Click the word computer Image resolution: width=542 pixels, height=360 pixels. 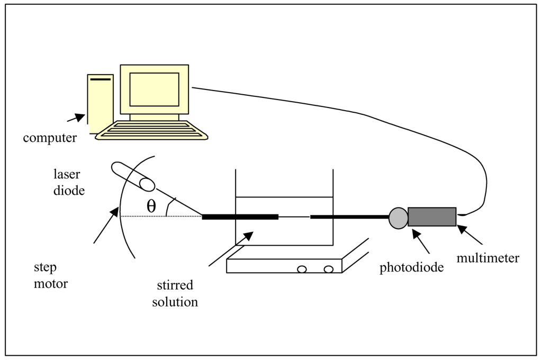pos(50,139)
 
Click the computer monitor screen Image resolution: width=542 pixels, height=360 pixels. pos(154,89)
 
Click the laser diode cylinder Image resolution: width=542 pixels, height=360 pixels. pos(133,176)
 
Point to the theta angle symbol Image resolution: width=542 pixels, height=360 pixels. pos(151,207)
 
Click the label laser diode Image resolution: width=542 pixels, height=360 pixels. pos(69,182)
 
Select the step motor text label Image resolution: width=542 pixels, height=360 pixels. pos(51,275)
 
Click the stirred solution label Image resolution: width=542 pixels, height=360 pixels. pos(175,294)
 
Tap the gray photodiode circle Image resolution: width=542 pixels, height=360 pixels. pos(398,218)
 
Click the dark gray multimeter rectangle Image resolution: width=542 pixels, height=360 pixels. pos(432,217)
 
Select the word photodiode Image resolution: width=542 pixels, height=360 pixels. pos(411,268)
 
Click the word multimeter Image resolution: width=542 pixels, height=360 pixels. pos(488,258)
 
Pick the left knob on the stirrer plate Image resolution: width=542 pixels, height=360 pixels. pos(302,269)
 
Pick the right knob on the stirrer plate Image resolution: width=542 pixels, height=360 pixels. pos(328,269)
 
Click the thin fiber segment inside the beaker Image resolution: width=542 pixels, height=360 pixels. pos(294,217)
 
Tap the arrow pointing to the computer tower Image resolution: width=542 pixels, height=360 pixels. pos(76,118)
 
